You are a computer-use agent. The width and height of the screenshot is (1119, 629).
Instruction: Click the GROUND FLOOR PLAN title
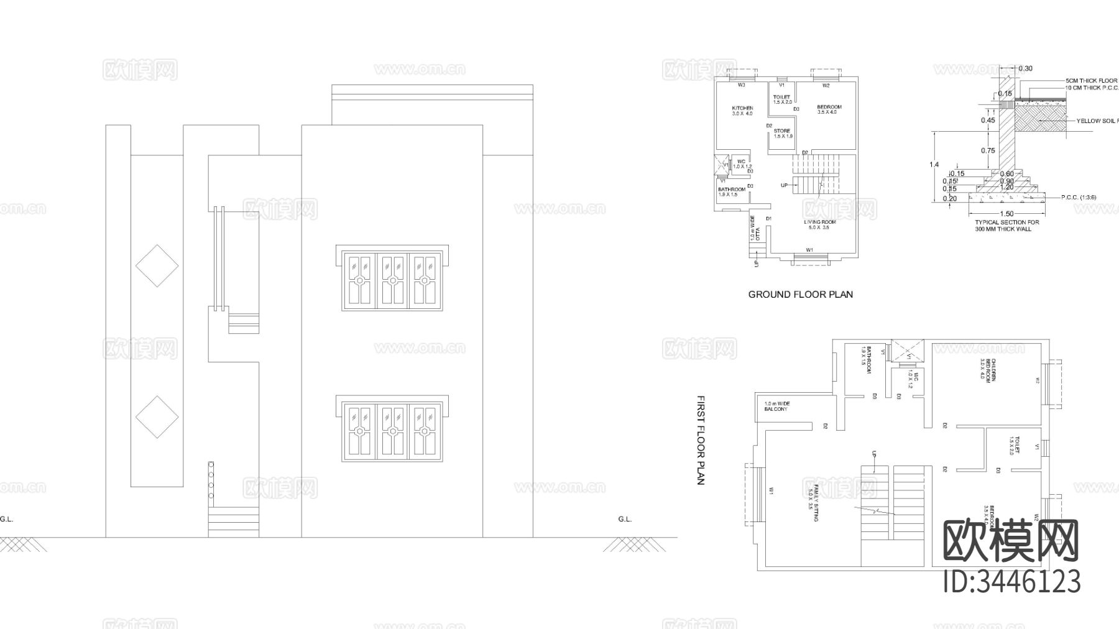(x=800, y=295)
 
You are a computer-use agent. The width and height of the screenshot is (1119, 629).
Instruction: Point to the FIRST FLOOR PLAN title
(x=701, y=440)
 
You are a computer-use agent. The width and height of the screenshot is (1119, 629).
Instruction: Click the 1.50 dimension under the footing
(x=1006, y=214)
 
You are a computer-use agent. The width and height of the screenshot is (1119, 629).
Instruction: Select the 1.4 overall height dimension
(x=934, y=165)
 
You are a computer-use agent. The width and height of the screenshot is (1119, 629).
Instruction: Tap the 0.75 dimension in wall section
(x=988, y=151)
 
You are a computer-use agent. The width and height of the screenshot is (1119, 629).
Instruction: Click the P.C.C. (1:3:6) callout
(x=1079, y=198)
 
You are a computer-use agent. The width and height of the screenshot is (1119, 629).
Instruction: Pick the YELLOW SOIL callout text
(x=1097, y=121)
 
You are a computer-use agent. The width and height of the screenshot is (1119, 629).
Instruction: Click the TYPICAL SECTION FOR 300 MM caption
(x=1006, y=226)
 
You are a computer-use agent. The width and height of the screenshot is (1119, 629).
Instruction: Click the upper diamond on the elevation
(x=157, y=265)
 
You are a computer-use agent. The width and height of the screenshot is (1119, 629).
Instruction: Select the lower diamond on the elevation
(x=157, y=417)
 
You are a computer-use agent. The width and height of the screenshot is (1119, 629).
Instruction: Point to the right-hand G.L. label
(x=625, y=519)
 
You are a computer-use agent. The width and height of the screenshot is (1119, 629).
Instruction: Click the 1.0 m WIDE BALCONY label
(x=776, y=406)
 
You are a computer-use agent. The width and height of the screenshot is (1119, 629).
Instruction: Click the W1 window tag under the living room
(x=809, y=250)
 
